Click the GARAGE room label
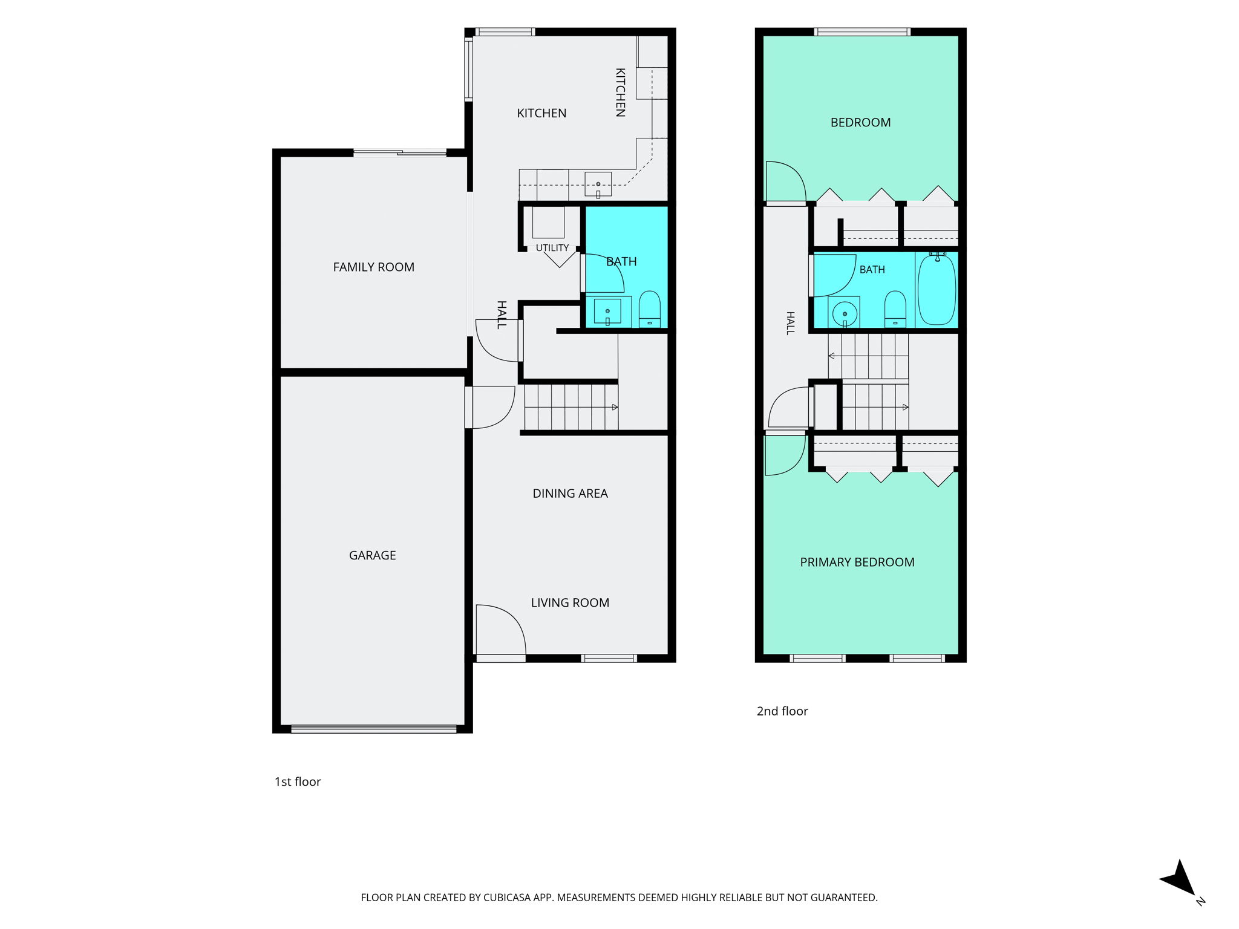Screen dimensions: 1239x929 (372, 555)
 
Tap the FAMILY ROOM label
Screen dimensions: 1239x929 (374, 267)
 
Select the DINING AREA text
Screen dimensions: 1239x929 (570, 494)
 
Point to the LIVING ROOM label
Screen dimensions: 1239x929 (570, 603)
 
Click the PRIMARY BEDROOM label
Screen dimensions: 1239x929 (857, 562)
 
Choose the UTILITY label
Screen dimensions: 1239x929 (552, 248)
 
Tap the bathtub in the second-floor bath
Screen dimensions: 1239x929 (937, 290)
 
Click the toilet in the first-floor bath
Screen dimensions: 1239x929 (650, 308)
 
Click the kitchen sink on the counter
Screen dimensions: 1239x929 (598, 184)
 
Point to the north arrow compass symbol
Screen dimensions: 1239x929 (1180, 881)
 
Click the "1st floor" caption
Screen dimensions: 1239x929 (298, 782)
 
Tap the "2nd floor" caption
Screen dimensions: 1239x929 (782, 711)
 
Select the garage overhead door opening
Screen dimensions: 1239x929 (374, 729)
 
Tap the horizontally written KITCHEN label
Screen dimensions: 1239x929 (541, 113)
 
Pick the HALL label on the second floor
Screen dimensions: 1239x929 (790, 323)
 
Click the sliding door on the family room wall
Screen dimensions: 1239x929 (400, 153)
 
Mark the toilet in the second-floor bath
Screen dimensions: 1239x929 (895, 309)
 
